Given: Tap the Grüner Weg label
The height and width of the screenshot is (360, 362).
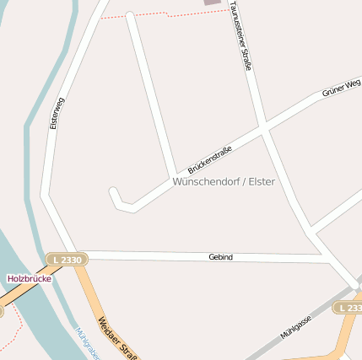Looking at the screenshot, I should point(341,89).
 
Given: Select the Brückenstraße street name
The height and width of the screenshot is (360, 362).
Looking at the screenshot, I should point(210,153).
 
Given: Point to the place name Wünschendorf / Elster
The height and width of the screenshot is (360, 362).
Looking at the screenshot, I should point(224,181).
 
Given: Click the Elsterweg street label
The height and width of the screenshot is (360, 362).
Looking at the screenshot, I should point(57,112).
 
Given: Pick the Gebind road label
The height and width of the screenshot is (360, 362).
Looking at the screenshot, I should point(220,256).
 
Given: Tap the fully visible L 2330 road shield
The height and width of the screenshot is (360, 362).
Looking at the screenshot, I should point(65,260).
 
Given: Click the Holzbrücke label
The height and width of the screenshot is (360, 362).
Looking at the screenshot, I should point(30,278).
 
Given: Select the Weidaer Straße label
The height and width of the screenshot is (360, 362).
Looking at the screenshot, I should point(117,336).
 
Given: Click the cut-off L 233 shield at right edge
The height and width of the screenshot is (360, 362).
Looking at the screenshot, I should point(348,309).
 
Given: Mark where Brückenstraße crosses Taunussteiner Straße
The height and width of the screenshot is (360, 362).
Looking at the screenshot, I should point(263,131).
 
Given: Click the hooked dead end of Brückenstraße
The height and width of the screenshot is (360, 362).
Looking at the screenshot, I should point(115,195).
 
